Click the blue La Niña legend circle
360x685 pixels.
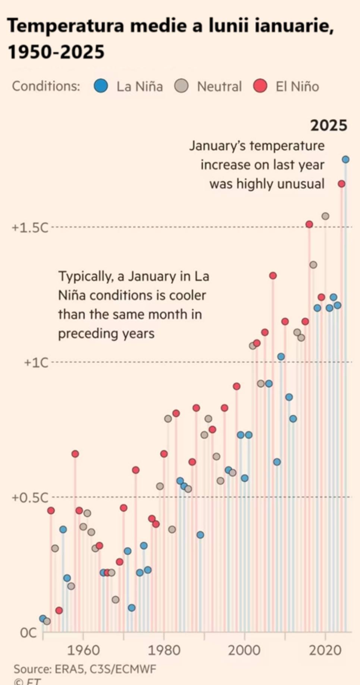click(101, 86)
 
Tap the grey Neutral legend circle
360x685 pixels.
click(181, 86)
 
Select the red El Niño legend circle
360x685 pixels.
click(260, 86)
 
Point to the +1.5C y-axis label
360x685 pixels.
click(30, 228)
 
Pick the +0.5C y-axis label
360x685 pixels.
click(30, 498)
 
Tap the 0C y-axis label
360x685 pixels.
click(29, 633)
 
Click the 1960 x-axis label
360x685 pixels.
click(83, 650)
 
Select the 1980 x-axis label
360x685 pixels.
click(164, 650)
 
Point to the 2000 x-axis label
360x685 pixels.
click(244, 650)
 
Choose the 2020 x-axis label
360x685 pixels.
click(325, 650)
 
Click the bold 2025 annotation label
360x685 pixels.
click(329, 125)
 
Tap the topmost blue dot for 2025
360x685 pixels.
click(345, 160)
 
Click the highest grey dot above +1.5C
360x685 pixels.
click(325, 216)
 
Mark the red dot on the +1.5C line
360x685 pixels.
click(309, 224)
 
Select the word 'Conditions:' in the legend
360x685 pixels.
click(46, 86)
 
